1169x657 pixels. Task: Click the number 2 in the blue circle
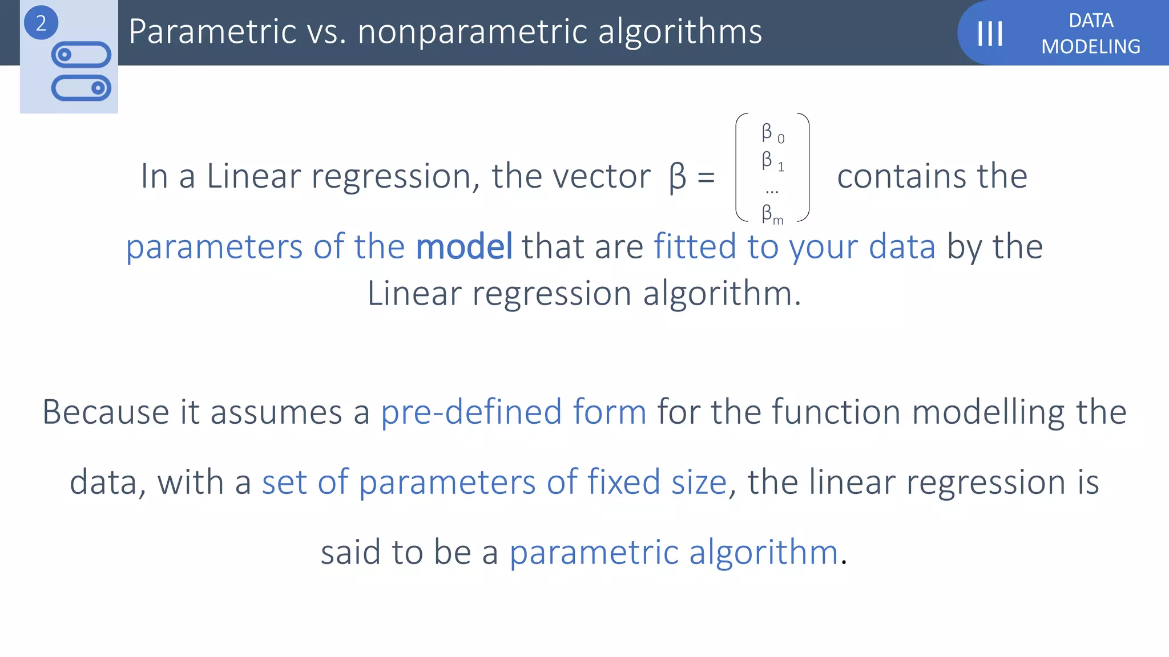[x=41, y=23]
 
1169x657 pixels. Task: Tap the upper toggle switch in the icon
[x=81, y=55]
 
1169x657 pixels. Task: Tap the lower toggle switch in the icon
[x=81, y=88]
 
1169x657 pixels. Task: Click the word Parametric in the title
[x=212, y=31]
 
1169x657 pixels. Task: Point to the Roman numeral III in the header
[x=990, y=34]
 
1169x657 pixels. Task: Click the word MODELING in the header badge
[x=1090, y=47]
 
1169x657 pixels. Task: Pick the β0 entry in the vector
[x=772, y=133]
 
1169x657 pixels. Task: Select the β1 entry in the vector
[x=772, y=161]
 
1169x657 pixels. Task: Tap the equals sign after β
[x=706, y=177]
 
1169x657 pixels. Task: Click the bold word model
[x=464, y=247]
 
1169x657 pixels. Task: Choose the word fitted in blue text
[x=695, y=246]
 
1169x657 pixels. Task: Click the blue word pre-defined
[x=471, y=412]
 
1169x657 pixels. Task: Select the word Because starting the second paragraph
[x=106, y=412]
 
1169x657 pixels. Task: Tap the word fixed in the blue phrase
[x=624, y=482]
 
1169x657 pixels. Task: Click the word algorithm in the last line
[x=763, y=553]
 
